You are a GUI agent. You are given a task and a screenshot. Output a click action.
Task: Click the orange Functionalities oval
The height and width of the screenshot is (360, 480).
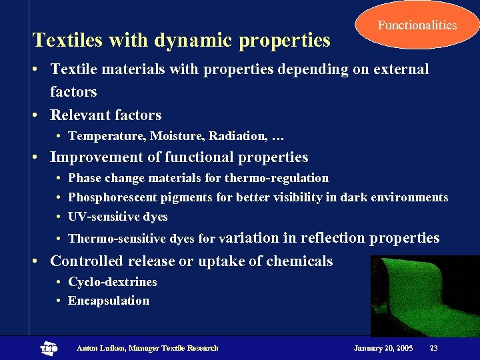click(x=417, y=25)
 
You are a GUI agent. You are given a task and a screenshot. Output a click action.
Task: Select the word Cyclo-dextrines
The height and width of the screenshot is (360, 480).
click(x=113, y=281)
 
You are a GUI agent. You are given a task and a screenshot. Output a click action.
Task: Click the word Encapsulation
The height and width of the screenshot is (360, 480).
click(x=109, y=301)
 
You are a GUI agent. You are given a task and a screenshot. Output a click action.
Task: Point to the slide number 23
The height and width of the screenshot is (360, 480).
click(x=433, y=348)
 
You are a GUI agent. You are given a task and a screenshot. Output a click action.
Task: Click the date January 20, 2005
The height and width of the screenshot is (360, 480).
click(x=383, y=348)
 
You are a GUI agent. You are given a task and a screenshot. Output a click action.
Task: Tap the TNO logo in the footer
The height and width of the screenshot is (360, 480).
click(x=49, y=348)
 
